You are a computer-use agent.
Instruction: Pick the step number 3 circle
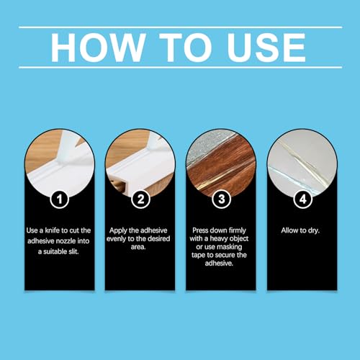click(220, 196)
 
